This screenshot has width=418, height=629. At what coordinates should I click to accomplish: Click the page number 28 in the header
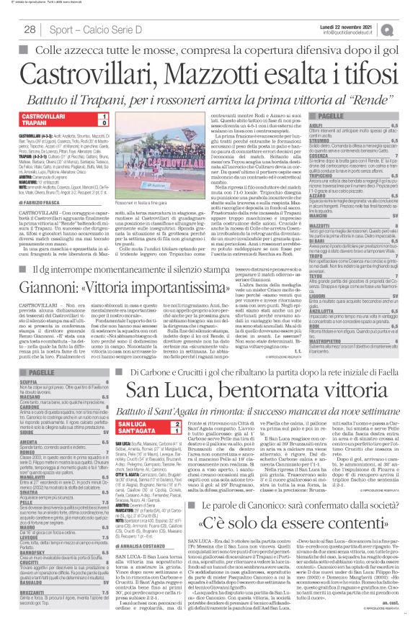pos(30,28)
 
